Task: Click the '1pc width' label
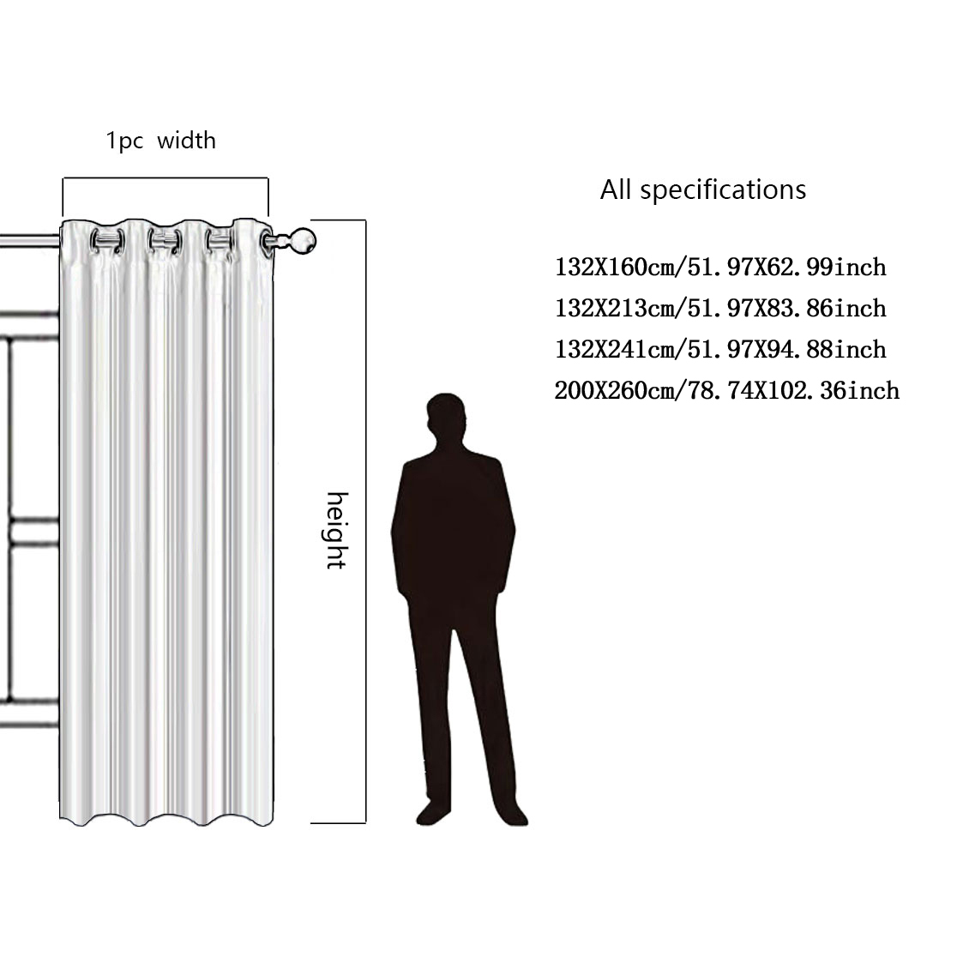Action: pyautogui.click(x=161, y=141)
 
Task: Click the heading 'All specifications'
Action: pyautogui.click(x=703, y=190)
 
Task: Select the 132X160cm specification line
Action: pyautogui.click(x=720, y=268)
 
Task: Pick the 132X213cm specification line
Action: pyautogui.click(x=720, y=308)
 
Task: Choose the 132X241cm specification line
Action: pyautogui.click(x=720, y=350)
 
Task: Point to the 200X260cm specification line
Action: pyautogui.click(x=727, y=391)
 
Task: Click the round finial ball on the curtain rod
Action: pyautogui.click(x=302, y=240)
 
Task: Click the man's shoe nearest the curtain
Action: pyautogui.click(x=432, y=812)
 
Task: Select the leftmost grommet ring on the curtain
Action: pyautogui.click(x=107, y=240)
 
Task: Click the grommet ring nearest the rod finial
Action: pyautogui.click(x=268, y=242)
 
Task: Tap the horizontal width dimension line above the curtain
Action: pyautogui.click(x=166, y=178)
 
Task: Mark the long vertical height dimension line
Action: pyautogui.click(x=365, y=521)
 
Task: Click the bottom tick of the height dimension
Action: pyautogui.click(x=338, y=822)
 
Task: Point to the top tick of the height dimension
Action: pyautogui.click(x=338, y=220)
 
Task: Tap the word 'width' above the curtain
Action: pyautogui.click(x=187, y=141)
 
